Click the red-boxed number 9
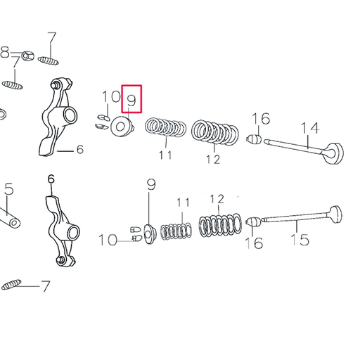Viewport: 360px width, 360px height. pyautogui.click(x=131, y=100)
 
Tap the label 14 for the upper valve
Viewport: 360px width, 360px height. pyautogui.click(x=310, y=127)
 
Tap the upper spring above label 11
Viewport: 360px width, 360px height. pyautogui.click(x=165, y=129)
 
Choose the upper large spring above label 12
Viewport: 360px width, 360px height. pyautogui.click(x=215, y=131)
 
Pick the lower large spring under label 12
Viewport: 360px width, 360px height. pyautogui.click(x=222, y=225)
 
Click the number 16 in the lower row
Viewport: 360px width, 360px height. pyautogui.click(x=254, y=243)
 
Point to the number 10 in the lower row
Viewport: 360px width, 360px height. pyautogui.click(x=108, y=240)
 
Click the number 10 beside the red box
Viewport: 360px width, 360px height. pyautogui.click(x=110, y=97)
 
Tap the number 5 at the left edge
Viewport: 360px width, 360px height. pyautogui.click(x=8, y=189)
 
